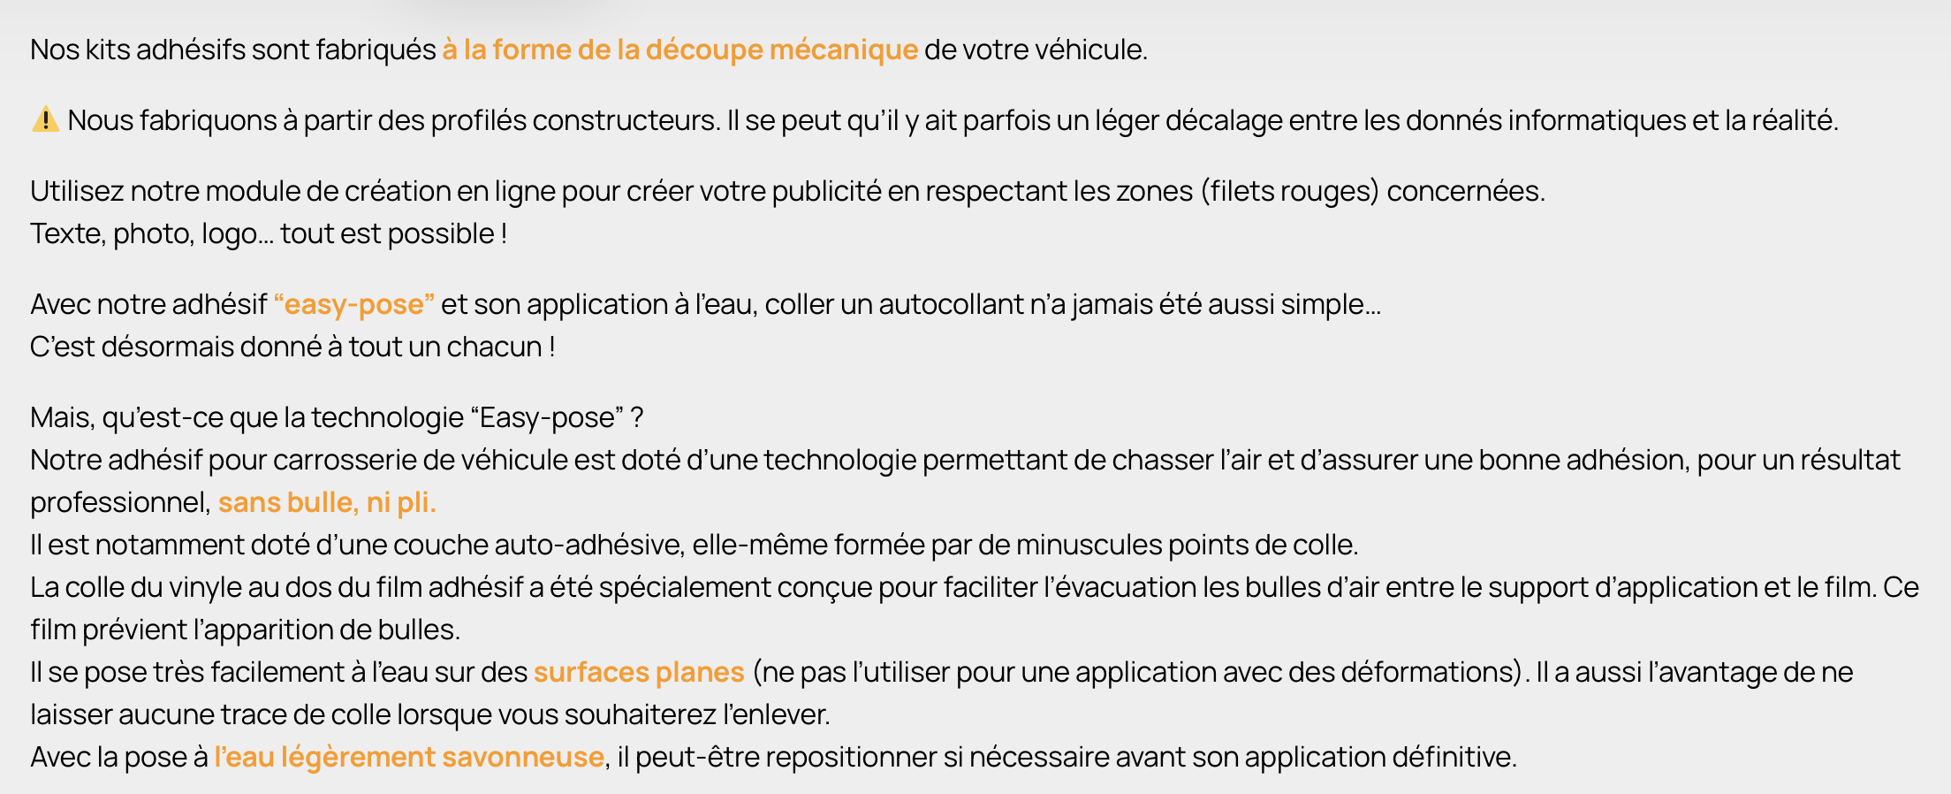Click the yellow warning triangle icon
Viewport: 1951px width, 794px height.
45,119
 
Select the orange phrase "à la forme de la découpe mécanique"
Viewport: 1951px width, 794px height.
679,50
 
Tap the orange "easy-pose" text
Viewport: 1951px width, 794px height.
353,304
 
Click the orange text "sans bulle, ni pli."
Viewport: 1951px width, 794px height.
327,502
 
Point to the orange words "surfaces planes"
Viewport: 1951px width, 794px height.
639,672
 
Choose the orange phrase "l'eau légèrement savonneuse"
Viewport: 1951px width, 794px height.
409,757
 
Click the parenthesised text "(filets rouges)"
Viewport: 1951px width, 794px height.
1289,191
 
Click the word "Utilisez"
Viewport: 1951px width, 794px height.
77,191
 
